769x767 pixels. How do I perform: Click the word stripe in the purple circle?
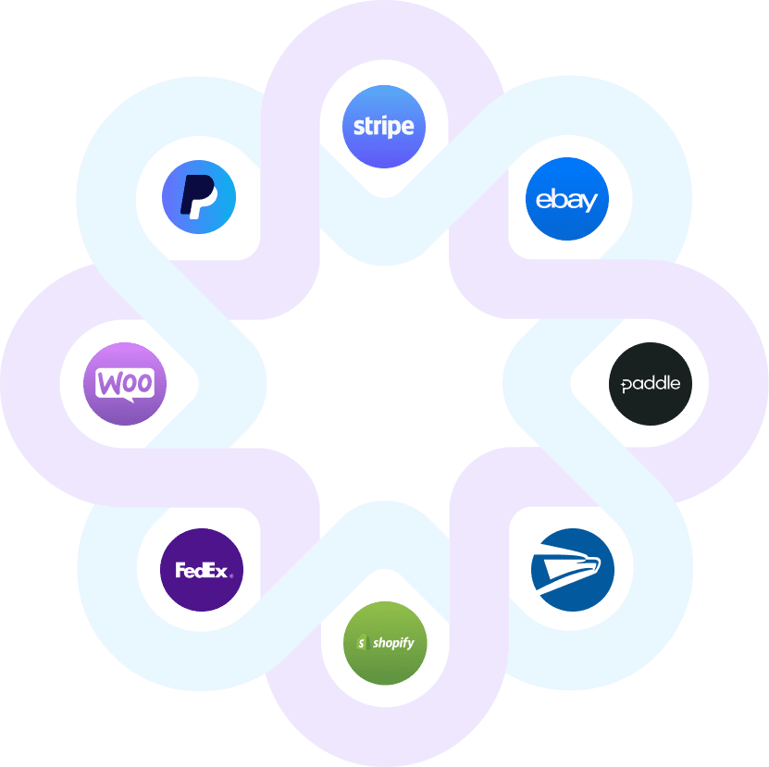(x=384, y=126)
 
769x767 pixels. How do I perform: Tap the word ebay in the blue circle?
(x=566, y=199)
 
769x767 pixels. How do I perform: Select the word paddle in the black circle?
(x=651, y=383)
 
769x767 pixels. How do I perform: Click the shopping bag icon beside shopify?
(x=362, y=642)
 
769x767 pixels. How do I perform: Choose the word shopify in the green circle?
(x=393, y=643)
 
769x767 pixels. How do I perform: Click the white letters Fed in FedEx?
(x=188, y=571)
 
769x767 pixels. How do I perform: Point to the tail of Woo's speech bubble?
(x=129, y=400)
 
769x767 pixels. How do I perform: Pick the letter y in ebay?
(x=590, y=202)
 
